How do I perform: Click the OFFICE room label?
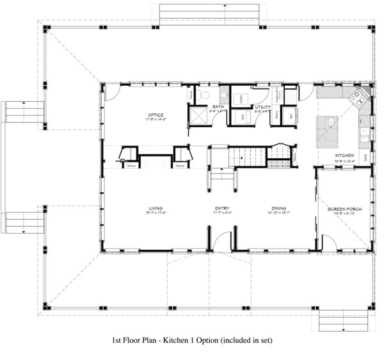[156, 115]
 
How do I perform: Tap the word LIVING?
[155, 208]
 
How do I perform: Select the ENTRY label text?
[222, 208]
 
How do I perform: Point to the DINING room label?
[278, 208]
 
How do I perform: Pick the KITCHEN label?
[344, 156]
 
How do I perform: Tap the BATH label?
[218, 107]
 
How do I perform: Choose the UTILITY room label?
[263, 107]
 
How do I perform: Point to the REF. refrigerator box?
[287, 117]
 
